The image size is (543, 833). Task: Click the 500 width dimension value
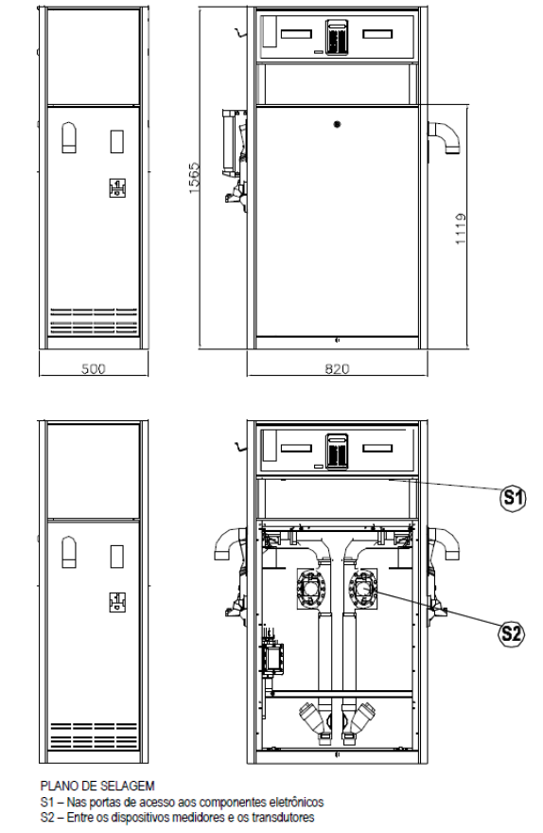[94, 368]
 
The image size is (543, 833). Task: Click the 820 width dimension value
[337, 368]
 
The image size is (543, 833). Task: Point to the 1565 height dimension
[194, 177]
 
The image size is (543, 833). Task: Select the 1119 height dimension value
[460, 228]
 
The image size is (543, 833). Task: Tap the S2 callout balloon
[512, 633]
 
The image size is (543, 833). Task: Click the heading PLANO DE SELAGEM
[97, 785]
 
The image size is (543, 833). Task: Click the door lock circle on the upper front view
[337, 124]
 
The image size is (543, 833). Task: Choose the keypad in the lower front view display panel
[337, 452]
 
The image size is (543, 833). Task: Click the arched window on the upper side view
[69, 137]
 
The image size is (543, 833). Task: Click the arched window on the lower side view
[69, 552]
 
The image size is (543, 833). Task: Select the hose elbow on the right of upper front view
[445, 137]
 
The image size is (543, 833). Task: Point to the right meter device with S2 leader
[362, 588]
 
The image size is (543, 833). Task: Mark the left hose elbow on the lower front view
[229, 543]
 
